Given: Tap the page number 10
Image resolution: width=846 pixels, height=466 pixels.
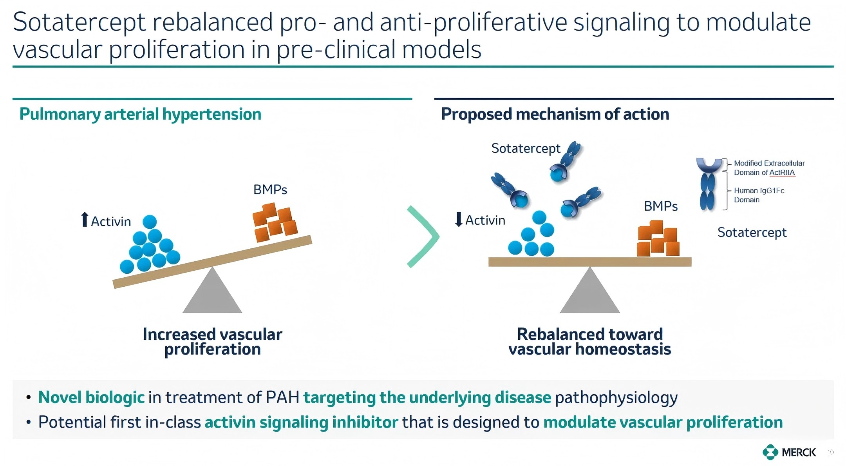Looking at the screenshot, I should [830, 452].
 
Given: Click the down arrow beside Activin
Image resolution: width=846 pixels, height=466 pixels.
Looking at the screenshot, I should [459, 219].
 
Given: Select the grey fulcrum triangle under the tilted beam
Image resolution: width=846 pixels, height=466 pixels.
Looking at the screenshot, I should [212, 294].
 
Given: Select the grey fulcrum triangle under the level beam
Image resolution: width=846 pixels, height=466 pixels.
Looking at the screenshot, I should [590, 294].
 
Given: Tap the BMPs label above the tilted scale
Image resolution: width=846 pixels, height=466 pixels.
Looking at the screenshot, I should [270, 190].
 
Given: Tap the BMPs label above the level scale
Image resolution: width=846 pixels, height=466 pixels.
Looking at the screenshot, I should [661, 206].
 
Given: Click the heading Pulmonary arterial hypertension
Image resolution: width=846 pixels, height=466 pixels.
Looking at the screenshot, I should [140, 114].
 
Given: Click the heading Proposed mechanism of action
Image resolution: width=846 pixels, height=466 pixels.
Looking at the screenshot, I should [555, 114].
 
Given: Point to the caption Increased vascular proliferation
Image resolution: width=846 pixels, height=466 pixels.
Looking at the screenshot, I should [212, 342].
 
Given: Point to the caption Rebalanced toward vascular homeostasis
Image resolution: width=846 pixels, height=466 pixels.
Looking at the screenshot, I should [590, 342].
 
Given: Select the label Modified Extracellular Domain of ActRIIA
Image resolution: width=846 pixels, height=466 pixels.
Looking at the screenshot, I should [769, 168].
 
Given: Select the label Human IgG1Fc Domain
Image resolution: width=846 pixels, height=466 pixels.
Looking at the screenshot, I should [759, 195].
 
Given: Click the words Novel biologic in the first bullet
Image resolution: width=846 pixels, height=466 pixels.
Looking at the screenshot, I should [91, 397].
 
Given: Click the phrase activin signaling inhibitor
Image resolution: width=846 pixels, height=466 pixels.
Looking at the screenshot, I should [301, 422].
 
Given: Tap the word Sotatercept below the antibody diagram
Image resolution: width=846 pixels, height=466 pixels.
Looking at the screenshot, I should [752, 233].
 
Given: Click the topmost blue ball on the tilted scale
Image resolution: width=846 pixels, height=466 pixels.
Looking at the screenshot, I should [150, 222].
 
